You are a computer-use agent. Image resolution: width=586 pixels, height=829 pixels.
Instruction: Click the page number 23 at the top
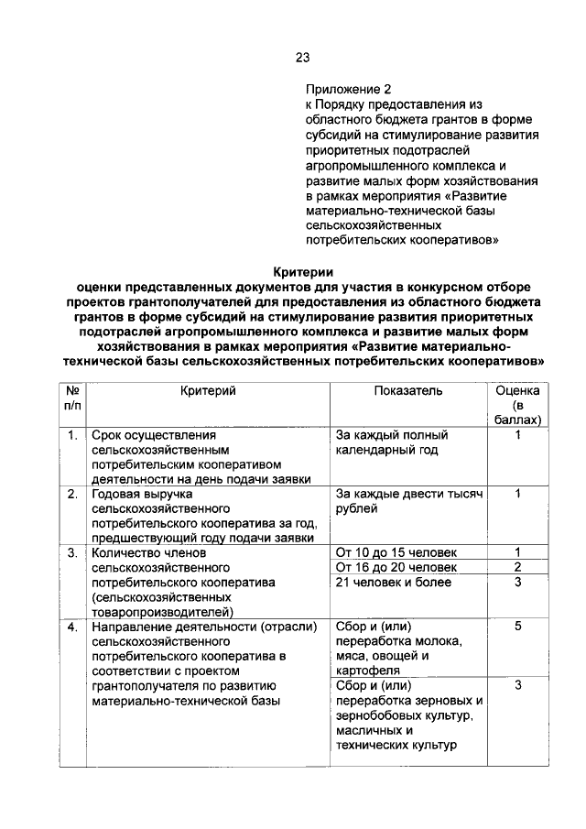coord(303,58)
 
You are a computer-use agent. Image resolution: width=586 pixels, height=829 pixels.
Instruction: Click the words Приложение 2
coord(349,90)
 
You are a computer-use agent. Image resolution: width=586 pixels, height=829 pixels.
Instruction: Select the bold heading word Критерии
coord(304,271)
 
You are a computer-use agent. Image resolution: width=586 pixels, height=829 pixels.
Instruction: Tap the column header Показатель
coord(408,391)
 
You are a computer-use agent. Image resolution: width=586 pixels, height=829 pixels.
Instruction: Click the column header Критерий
coord(208,391)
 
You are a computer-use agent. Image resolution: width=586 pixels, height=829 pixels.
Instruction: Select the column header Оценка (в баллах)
coord(517,405)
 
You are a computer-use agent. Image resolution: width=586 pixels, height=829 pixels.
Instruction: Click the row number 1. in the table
coord(71,435)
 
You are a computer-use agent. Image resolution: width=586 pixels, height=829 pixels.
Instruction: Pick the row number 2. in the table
coord(71,494)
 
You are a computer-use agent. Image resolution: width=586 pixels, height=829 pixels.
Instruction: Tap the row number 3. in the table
coord(71,552)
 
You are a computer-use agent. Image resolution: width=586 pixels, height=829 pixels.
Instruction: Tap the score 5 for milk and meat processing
coord(517,627)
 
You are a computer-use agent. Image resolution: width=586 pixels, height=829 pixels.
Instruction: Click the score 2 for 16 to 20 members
coord(517,567)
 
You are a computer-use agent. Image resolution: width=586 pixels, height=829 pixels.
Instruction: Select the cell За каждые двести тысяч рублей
coord(408,501)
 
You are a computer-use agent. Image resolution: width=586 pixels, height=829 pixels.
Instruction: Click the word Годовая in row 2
coord(117,494)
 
